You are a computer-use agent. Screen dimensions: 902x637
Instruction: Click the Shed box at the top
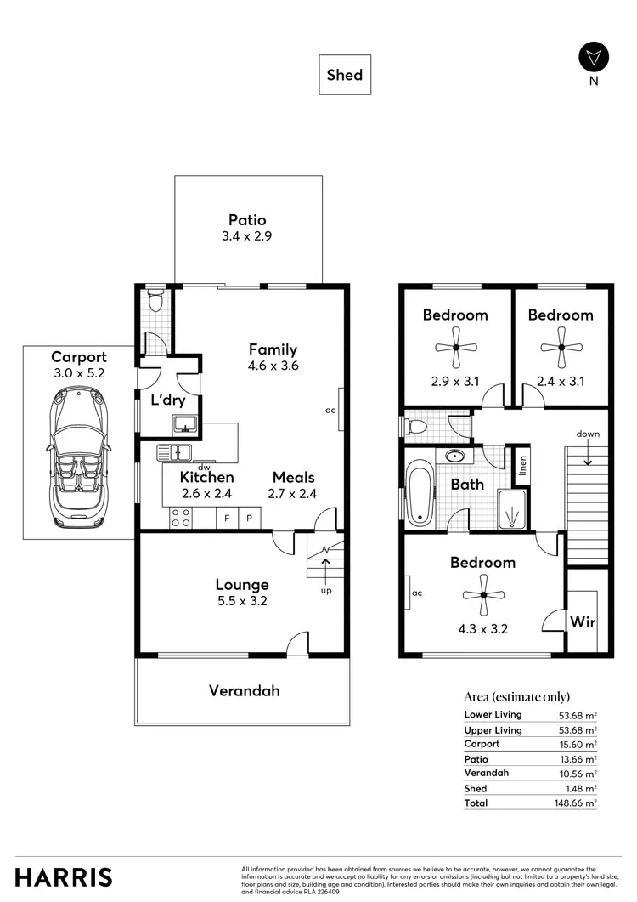click(x=345, y=75)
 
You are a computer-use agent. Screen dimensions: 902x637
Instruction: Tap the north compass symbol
click(x=593, y=57)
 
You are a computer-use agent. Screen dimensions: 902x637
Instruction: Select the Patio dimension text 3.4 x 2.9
click(x=247, y=237)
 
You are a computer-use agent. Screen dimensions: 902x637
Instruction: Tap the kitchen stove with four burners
click(x=181, y=517)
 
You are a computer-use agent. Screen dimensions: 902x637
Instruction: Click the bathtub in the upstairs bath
click(x=420, y=493)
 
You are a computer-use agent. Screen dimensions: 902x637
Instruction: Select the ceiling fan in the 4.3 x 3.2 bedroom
click(x=482, y=594)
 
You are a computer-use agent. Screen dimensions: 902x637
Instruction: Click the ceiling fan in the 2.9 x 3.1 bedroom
click(x=455, y=347)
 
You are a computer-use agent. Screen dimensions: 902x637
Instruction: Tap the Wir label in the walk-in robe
click(x=582, y=622)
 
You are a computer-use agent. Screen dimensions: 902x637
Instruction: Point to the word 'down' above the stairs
click(x=587, y=434)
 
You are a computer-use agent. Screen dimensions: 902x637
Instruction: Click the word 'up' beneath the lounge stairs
click(x=326, y=590)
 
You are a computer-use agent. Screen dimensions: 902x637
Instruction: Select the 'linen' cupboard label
click(x=524, y=466)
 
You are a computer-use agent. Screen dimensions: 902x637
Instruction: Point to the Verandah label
click(x=244, y=691)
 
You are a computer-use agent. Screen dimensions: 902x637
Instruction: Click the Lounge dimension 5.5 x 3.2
click(x=242, y=602)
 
